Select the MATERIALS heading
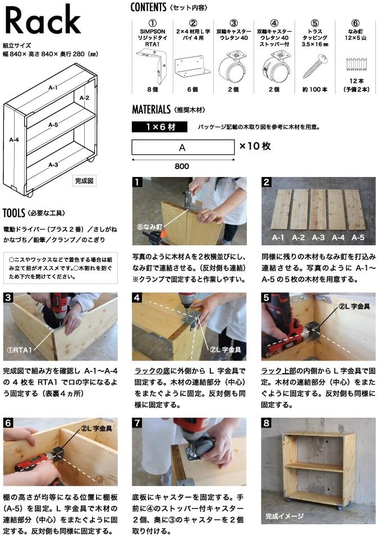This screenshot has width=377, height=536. pyautogui.click(x=151, y=109)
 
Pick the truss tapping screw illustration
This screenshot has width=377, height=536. pyautogui.click(x=314, y=64)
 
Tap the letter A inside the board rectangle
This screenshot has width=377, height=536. pyautogui.click(x=182, y=147)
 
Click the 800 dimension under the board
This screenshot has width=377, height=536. pyautogui.click(x=182, y=166)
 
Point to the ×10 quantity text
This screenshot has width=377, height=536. pyautogui.click(x=255, y=146)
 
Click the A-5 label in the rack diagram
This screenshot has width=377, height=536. pyautogui.click(x=53, y=124)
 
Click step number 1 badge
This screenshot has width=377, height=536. pyautogui.click(x=136, y=182)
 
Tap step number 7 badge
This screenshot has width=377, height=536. pyautogui.click(x=136, y=422)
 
